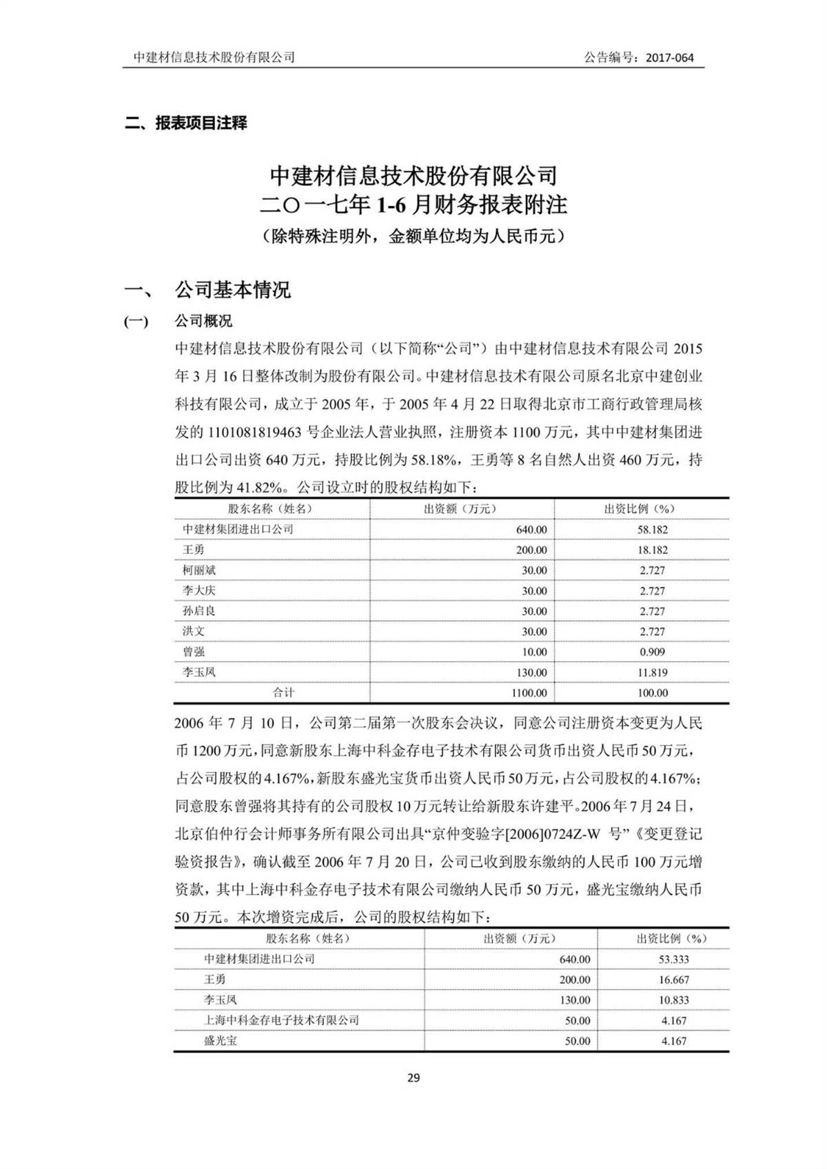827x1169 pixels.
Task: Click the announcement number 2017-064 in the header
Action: click(x=670, y=58)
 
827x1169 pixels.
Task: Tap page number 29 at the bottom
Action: click(x=413, y=1078)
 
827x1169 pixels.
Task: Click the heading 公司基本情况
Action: click(x=233, y=290)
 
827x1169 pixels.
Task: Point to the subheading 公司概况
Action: click(x=203, y=321)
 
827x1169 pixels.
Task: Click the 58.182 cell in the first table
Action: click(x=653, y=530)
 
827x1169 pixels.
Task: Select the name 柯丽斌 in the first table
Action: click(x=199, y=570)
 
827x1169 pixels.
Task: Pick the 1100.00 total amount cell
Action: click(x=529, y=693)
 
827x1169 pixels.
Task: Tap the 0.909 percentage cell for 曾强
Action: click(x=653, y=652)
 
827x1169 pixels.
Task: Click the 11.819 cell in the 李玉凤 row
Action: click(x=653, y=672)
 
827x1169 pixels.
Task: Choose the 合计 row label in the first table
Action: click(x=283, y=693)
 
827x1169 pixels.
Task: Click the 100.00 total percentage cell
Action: click(x=653, y=693)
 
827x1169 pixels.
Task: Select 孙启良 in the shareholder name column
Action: click(x=199, y=611)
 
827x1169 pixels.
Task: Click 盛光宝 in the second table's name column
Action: click(x=221, y=1041)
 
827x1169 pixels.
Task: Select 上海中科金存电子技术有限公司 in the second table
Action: click(x=281, y=1020)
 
